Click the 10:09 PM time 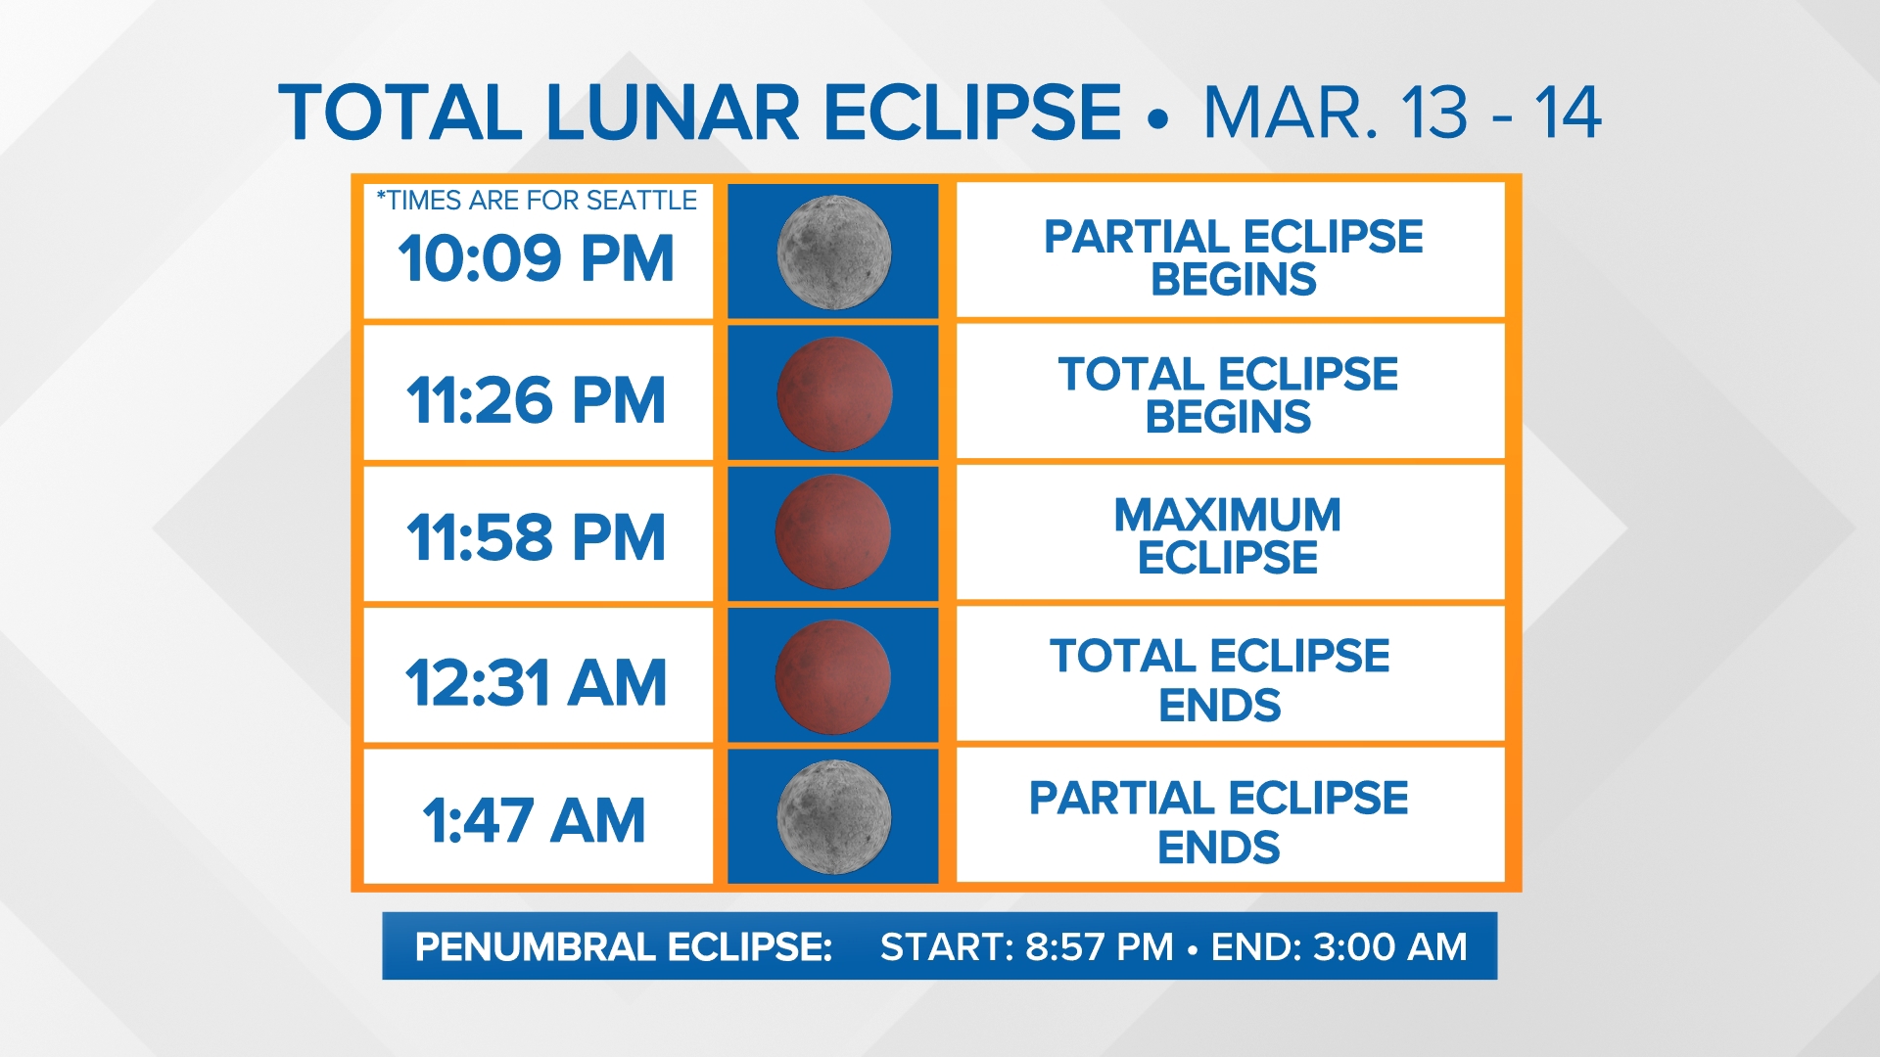536,259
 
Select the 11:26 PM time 536,400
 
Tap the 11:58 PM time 536,537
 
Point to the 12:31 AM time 536,682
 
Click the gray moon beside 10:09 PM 833,252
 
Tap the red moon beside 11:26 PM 833,393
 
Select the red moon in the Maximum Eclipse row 832,532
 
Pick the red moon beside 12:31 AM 832,675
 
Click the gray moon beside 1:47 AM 833,816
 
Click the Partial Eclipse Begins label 1233,257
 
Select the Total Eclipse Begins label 1228,394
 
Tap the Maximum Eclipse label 1227,535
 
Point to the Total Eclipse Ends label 1219,679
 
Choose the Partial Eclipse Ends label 1218,821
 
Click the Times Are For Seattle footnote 537,201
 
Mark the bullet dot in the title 1158,119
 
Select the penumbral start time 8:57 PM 1099,946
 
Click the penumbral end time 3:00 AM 1389,946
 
